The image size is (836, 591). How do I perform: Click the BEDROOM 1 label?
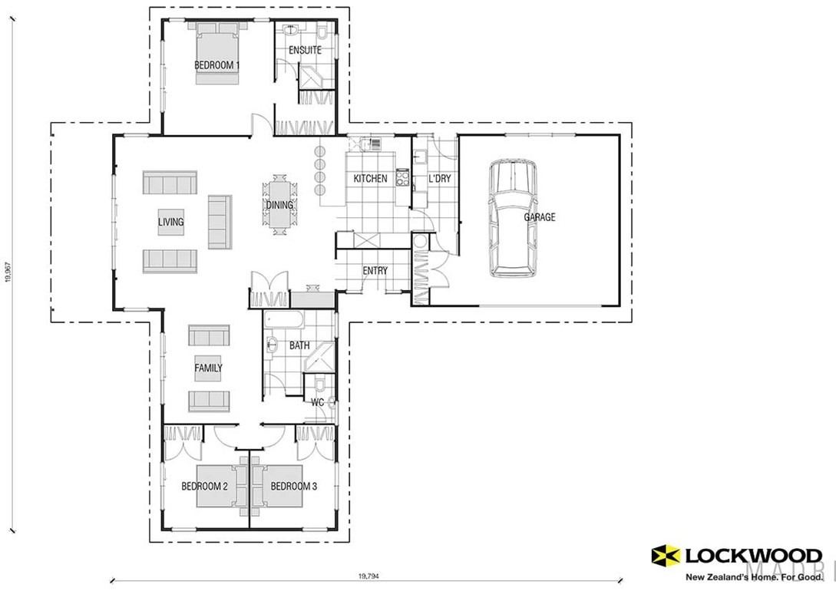pos(216,66)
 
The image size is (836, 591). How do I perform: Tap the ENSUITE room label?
pos(305,51)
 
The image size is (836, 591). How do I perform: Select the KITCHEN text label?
pos(370,179)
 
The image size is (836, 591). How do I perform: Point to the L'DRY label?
pos(439,179)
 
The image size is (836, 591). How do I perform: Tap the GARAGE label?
pos(540,217)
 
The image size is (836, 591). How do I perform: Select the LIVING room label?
pos(170,223)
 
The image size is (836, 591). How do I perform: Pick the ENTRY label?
pos(375,270)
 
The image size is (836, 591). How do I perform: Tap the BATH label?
pos(299,345)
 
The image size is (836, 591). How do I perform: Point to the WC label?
pos(317,401)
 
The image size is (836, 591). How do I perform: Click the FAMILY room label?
pos(208,368)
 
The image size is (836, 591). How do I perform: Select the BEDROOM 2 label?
pos(204,486)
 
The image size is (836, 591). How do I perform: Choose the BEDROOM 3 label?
pos(293,486)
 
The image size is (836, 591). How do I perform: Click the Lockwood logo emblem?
pos(664,556)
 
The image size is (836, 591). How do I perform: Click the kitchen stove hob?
pos(402,178)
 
